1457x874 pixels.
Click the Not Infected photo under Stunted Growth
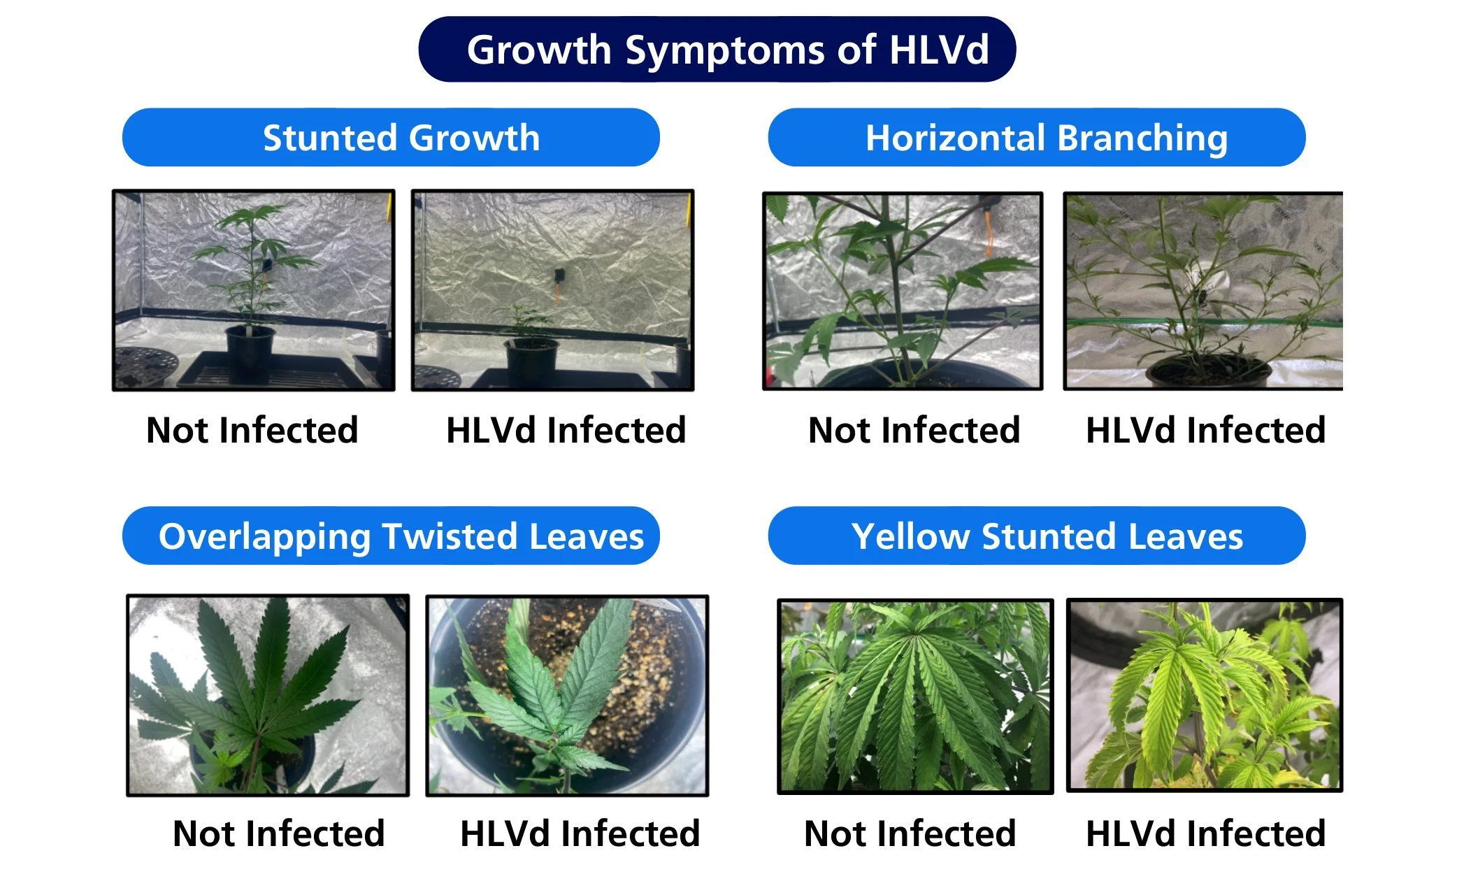click(254, 289)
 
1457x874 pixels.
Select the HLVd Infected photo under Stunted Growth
click(552, 289)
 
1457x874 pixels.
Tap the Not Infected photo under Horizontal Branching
click(903, 291)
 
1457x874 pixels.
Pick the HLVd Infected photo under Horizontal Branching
click(1203, 291)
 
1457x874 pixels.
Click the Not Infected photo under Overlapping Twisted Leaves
click(268, 695)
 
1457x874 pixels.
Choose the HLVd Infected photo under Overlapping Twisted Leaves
click(567, 695)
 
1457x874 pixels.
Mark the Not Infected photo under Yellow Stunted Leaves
click(915, 696)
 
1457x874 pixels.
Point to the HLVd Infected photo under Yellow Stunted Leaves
click(1204, 695)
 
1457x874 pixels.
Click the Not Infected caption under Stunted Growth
click(252, 430)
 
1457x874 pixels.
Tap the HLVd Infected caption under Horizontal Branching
click(1205, 430)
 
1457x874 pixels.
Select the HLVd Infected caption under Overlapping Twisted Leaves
click(580, 833)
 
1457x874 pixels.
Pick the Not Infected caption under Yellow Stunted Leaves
click(910, 833)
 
